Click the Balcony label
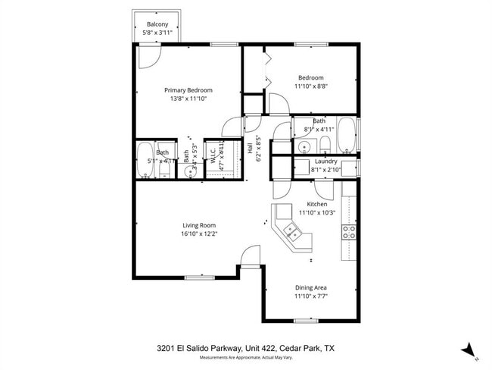(x=157, y=24)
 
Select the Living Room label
(x=199, y=225)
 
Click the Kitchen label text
(x=316, y=204)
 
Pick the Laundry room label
(x=325, y=161)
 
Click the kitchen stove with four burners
(x=350, y=232)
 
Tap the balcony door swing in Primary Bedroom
(x=149, y=55)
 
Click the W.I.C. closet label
(x=213, y=156)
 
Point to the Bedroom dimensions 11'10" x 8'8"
(x=310, y=86)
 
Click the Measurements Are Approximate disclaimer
(x=245, y=357)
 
